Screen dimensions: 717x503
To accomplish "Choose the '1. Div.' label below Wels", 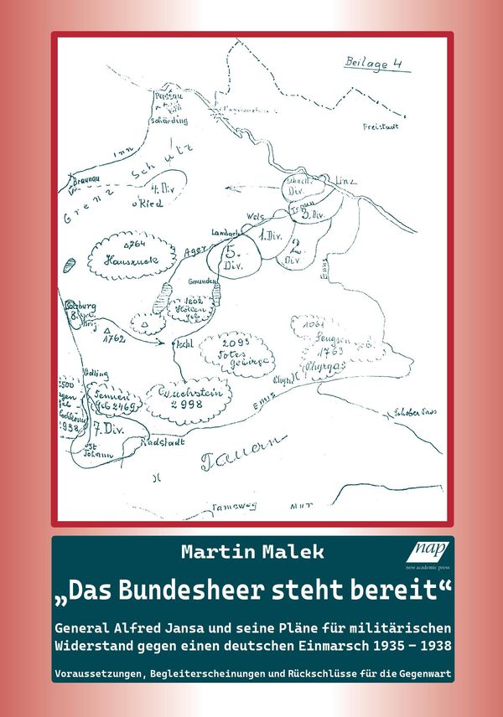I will click(x=269, y=237).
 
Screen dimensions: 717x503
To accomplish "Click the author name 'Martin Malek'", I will click(x=251, y=553).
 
